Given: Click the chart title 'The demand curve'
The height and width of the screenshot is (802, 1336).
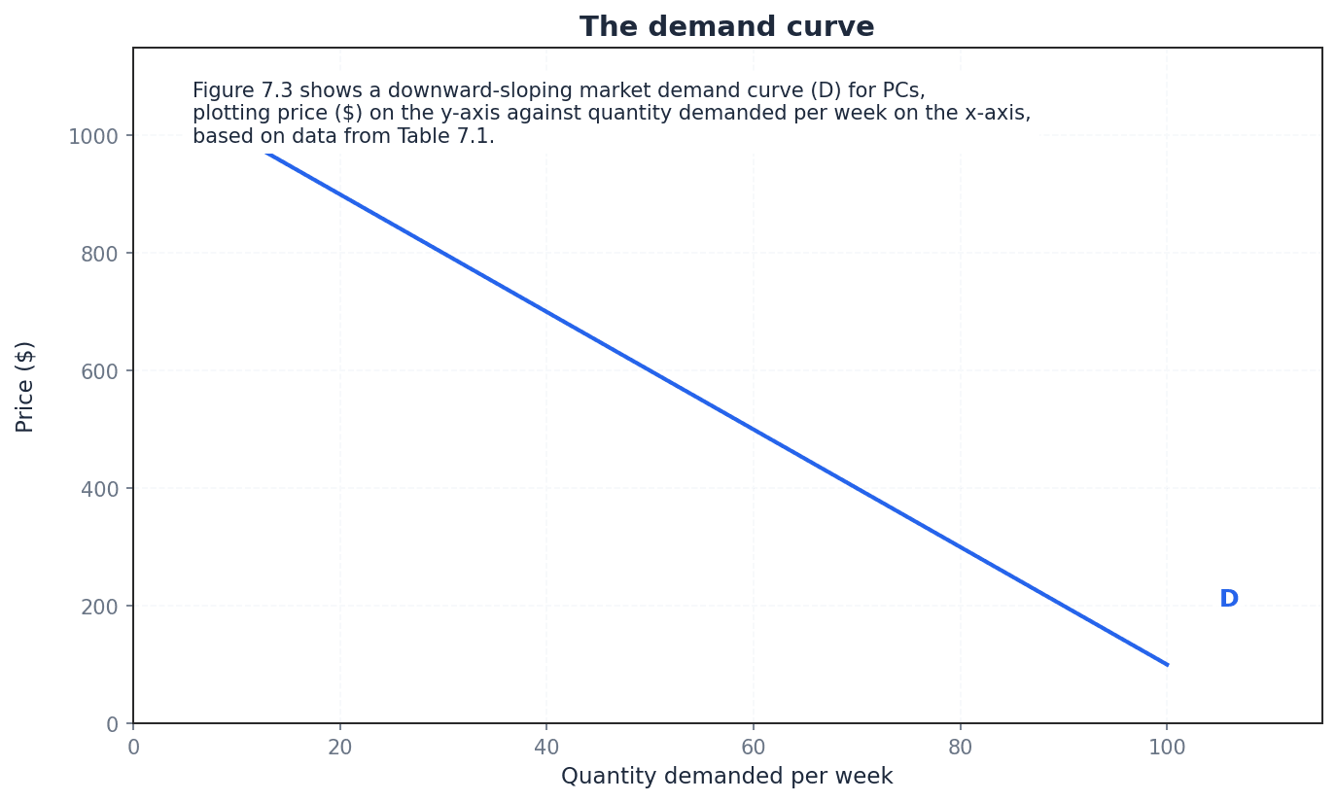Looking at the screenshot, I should [726, 27].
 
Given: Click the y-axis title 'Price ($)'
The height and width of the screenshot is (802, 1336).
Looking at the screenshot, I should [25, 386].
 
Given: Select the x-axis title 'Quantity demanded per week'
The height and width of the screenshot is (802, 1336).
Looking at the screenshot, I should [726, 777].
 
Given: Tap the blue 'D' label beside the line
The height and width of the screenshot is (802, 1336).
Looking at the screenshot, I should [1228, 600].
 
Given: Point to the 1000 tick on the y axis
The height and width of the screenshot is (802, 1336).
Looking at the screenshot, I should [93, 136].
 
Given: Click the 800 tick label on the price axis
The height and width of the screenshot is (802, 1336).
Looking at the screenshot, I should [99, 254].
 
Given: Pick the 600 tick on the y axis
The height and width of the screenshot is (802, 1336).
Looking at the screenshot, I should [99, 371].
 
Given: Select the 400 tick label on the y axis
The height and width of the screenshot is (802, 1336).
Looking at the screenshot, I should [99, 489].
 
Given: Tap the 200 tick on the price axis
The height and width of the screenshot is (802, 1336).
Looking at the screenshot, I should [99, 607].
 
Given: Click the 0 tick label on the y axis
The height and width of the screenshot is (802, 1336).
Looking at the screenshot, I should [112, 724].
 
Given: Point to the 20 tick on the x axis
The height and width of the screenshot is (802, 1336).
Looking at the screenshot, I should [340, 748].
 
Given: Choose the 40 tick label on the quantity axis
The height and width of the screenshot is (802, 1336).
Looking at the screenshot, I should [546, 748].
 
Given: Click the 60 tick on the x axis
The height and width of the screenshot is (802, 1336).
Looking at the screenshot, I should [754, 748].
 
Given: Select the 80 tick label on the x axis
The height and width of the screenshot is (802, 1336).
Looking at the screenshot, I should [961, 748].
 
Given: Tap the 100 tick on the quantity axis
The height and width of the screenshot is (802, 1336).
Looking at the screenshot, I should [1167, 748].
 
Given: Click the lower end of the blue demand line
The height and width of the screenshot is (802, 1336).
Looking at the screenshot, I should [1166, 664].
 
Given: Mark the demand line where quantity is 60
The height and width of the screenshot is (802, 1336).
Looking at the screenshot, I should [754, 429].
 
